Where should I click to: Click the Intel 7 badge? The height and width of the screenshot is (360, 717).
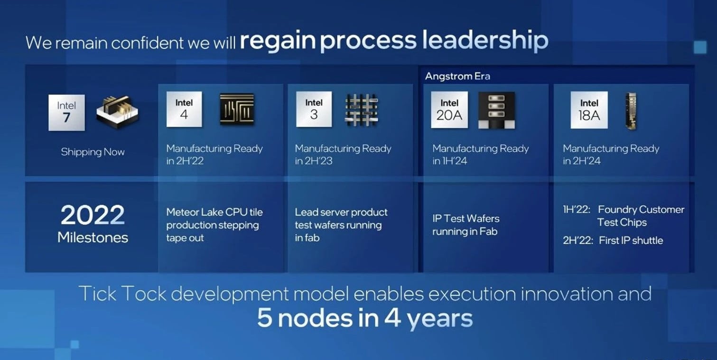click(66, 112)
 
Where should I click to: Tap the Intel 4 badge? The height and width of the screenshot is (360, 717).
click(184, 109)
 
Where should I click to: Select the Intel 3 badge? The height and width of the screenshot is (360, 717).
click(314, 109)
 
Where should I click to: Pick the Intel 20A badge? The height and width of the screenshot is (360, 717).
click(449, 110)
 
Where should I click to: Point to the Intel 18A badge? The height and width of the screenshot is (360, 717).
click(589, 110)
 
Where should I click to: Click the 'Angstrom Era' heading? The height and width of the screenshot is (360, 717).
click(457, 76)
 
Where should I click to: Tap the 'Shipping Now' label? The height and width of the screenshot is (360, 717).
click(93, 152)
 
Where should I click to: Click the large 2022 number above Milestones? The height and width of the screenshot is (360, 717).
click(93, 215)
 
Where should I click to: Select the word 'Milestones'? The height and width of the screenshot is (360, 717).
click(93, 238)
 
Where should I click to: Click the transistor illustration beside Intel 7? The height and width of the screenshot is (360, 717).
click(118, 112)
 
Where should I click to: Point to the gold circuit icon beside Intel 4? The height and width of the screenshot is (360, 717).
click(237, 109)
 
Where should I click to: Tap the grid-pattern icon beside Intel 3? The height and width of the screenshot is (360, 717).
click(362, 110)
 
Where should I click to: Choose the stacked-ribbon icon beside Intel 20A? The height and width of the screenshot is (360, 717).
click(496, 110)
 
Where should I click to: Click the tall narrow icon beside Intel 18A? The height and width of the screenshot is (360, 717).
click(631, 111)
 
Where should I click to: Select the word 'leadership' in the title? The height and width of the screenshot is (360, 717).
click(485, 40)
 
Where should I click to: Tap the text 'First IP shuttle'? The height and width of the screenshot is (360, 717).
click(631, 240)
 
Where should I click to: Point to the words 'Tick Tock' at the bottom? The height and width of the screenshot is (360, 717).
click(122, 294)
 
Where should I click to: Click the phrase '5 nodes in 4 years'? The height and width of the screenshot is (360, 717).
click(365, 318)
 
